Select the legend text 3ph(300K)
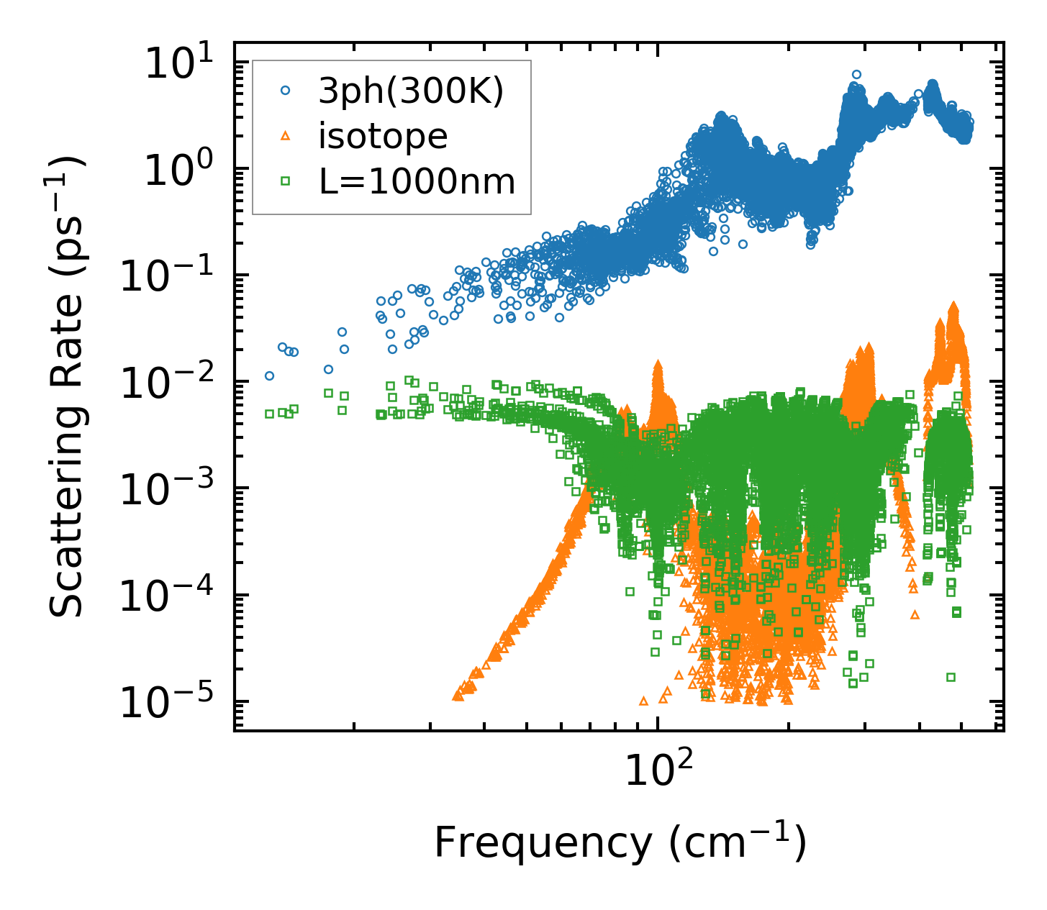(411, 91)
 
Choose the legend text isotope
(383, 136)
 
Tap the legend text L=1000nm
(417, 181)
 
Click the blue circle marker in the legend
(286, 91)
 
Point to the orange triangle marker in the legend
(286, 136)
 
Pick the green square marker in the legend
(286, 181)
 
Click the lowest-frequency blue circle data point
(269, 376)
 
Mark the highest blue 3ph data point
(856, 74)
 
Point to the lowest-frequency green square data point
(269, 414)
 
